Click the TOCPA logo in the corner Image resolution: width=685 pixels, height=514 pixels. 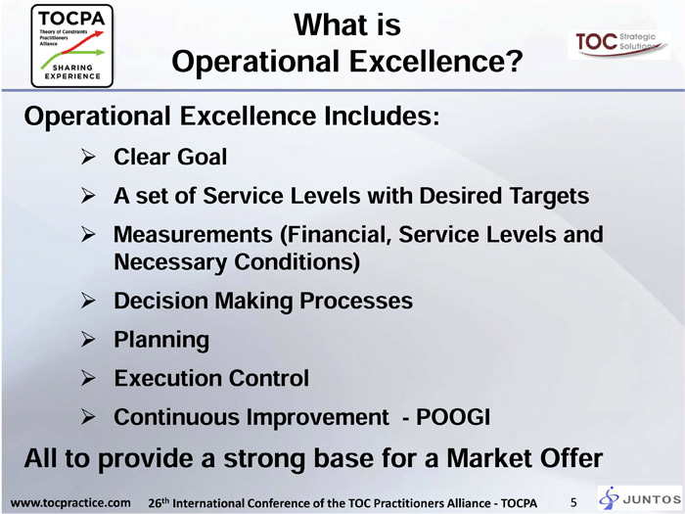[72, 46]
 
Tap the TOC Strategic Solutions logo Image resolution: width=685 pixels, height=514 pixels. [618, 45]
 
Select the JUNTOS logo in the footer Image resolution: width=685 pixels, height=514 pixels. [640, 498]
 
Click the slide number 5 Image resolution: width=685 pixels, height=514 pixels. [573, 502]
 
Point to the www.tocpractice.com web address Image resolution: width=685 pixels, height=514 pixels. [70, 502]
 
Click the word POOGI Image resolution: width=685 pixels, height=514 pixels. [452, 416]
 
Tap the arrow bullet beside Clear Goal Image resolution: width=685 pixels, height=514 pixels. [88, 157]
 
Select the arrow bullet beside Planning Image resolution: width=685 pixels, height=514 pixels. [88, 340]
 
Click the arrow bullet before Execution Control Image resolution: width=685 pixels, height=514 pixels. [88, 378]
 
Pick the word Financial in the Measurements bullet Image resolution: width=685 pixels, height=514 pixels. [336, 235]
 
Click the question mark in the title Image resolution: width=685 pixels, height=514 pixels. [514, 61]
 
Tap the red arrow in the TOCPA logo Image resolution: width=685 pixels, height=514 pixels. [82, 42]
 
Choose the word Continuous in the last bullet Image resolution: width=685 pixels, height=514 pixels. [176, 416]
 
